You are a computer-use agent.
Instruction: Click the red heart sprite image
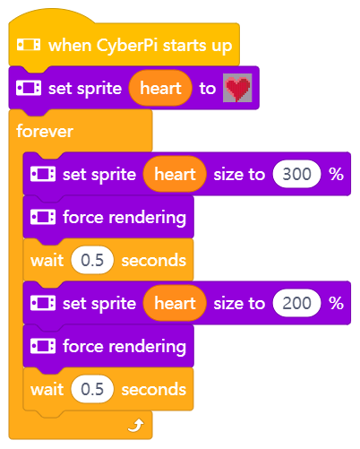tap(237, 88)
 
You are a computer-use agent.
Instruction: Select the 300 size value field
tap(296, 174)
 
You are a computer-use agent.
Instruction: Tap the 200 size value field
tap(296, 303)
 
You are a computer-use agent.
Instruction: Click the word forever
tap(45, 131)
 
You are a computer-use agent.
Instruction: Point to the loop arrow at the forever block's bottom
tap(136, 426)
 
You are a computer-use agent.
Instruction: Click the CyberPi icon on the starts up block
tap(29, 45)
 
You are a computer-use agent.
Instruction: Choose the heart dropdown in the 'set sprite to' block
tap(160, 88)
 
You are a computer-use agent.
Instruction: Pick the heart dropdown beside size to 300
tap(175, 174)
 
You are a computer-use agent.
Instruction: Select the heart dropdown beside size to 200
tap(175, 303)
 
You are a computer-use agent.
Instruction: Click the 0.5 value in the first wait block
tap(92, 260)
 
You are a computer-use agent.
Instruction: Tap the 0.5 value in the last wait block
tap(92, 389)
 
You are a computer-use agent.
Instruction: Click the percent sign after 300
tap(336, 174)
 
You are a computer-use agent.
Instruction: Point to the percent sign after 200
tap(336, 303)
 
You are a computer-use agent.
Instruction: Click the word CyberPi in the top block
tap(127, 46)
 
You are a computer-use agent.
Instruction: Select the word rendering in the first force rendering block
tap(148, 218)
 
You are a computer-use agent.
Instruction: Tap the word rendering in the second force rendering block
tap(148, 347)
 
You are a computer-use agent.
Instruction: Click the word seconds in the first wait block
tap(154, 261)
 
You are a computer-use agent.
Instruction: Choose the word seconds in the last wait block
tap(154, 390)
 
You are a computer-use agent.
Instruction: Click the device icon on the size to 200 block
tap(43, 303)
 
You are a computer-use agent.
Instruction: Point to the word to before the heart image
tap(208, 89)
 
